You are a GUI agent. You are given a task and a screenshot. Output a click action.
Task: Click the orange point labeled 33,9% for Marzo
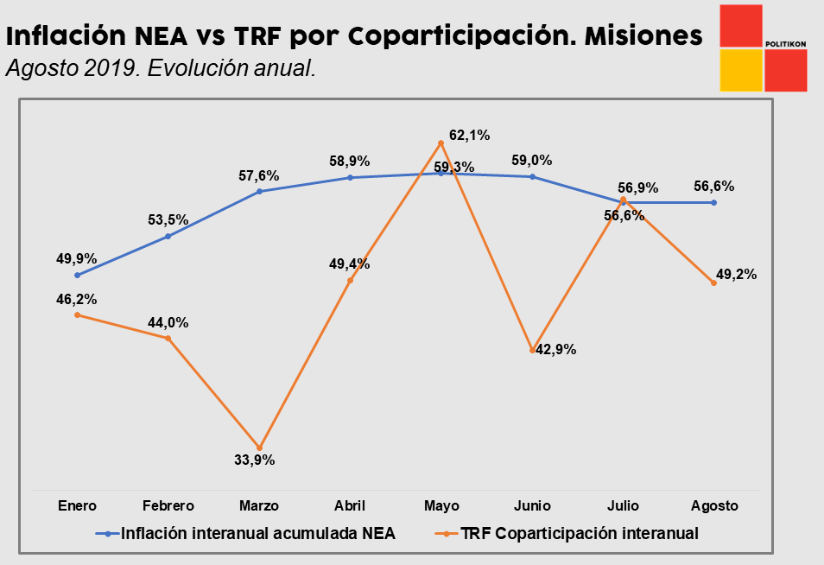[259, 448]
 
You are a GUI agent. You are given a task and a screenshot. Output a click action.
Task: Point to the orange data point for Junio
[532, 350]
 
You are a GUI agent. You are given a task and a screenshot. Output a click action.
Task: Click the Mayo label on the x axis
[441, 505]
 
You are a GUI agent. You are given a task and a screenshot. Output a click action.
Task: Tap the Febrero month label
[168, 505]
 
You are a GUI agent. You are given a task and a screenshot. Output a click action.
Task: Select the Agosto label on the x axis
[714, 505]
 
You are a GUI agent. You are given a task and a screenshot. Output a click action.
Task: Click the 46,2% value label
[76, 300]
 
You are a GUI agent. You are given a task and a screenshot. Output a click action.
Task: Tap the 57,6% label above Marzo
[258, 175]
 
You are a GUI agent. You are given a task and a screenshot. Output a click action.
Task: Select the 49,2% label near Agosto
[736, 275]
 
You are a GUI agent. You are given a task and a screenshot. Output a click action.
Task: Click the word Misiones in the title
[643, 36]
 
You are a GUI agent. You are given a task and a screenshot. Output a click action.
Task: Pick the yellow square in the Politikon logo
[740, 71]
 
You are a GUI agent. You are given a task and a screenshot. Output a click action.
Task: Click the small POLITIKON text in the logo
[785, 43]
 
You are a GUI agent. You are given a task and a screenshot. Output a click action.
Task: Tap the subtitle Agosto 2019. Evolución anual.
[160, 69]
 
